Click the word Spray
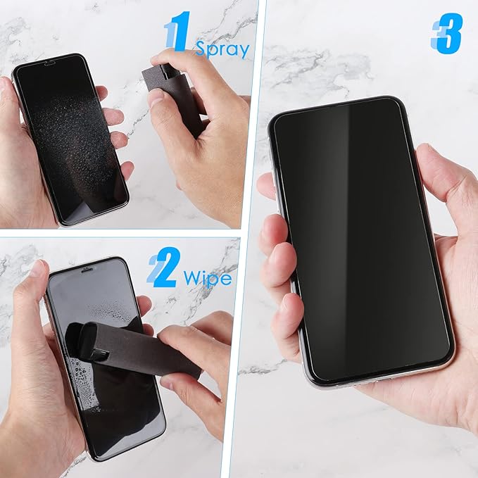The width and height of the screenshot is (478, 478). click(x=222, y=49)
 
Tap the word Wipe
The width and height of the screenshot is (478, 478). click(x=207, y=279)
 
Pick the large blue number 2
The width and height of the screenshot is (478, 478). click(x=163, y=270)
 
